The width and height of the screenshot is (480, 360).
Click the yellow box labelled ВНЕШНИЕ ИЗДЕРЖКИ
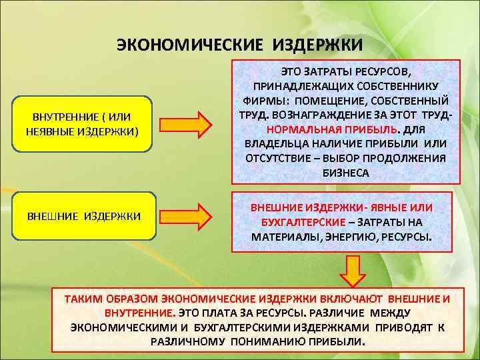click(x=84, y=217)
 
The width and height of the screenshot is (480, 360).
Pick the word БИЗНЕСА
click(x=346, y=173)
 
